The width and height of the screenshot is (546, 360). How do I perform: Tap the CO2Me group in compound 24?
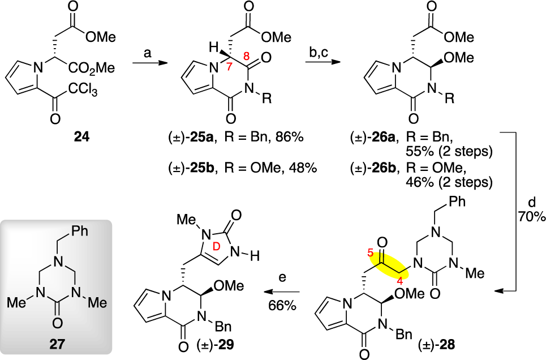94,68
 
